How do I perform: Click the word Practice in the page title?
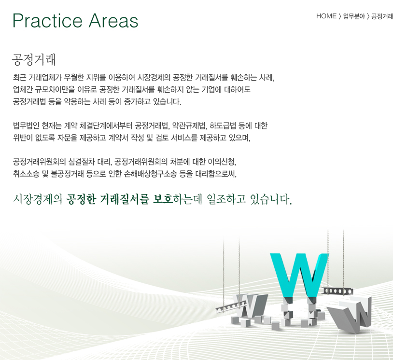click(x=47, y=21)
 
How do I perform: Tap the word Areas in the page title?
click(x=113, y=21)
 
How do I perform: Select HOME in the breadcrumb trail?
click(x=326, y=16)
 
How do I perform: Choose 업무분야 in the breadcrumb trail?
click(x=354, y=16)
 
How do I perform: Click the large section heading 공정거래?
click(x=34, y=60)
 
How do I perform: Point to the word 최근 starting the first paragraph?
click(x=19, y=77)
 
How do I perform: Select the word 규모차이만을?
click(x=53, y=89)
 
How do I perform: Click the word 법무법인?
click(x=26, y=125)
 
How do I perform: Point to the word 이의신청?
click(x=222, y=162)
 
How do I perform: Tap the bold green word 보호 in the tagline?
click(x=162, y=199)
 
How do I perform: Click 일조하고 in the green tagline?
click(x=226, y=199)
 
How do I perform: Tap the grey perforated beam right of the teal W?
click(x=337, y=291)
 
